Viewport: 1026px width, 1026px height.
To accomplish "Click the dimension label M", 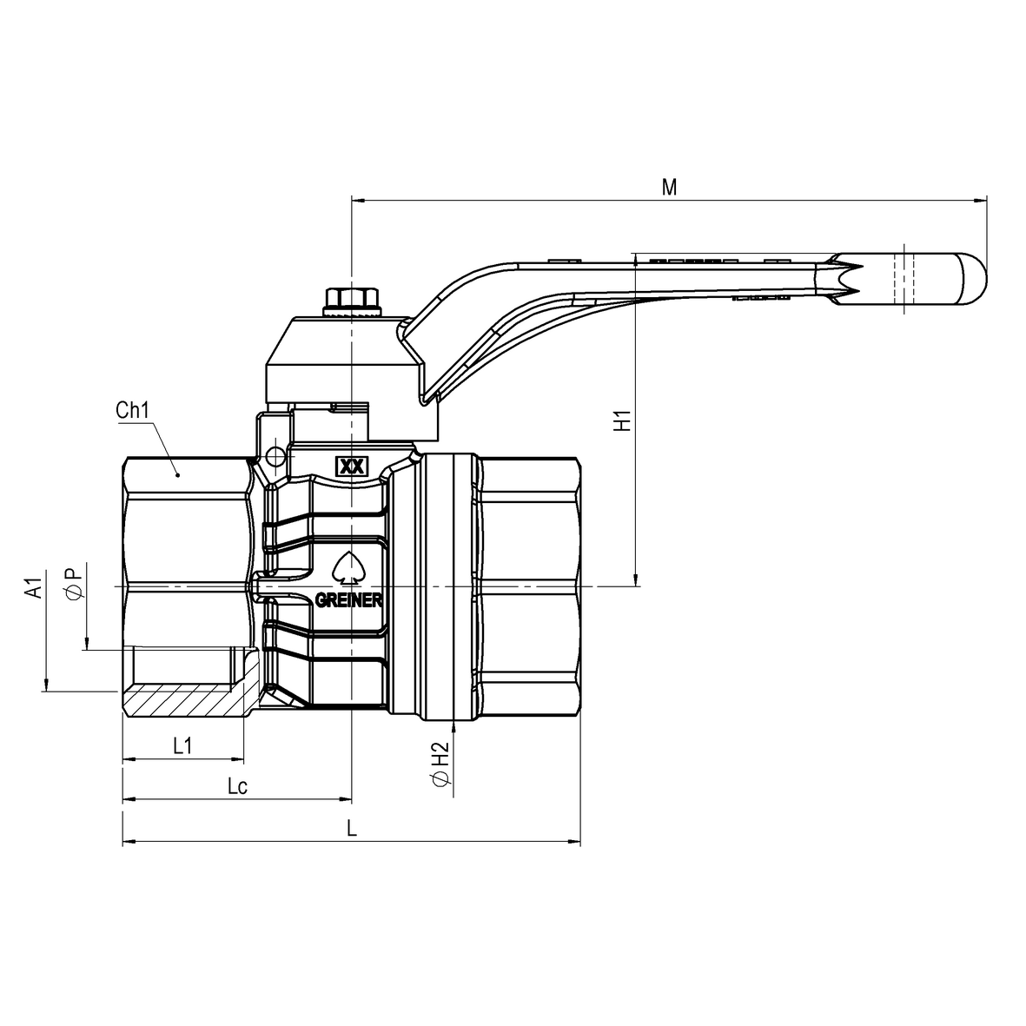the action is [669, 187].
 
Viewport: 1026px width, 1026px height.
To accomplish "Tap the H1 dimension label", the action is [622, 420].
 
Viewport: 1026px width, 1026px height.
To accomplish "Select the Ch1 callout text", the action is [133, 410].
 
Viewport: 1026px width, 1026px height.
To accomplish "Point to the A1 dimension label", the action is [34, 584].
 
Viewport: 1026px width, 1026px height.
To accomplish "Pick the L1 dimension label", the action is [182, 745].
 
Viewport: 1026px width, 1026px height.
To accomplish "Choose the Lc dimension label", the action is [237, 786].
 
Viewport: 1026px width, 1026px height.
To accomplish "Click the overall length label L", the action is [352, 829].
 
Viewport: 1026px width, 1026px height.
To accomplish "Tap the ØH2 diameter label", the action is [441, 764].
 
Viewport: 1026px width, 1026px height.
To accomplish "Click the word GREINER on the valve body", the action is [348, 600].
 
